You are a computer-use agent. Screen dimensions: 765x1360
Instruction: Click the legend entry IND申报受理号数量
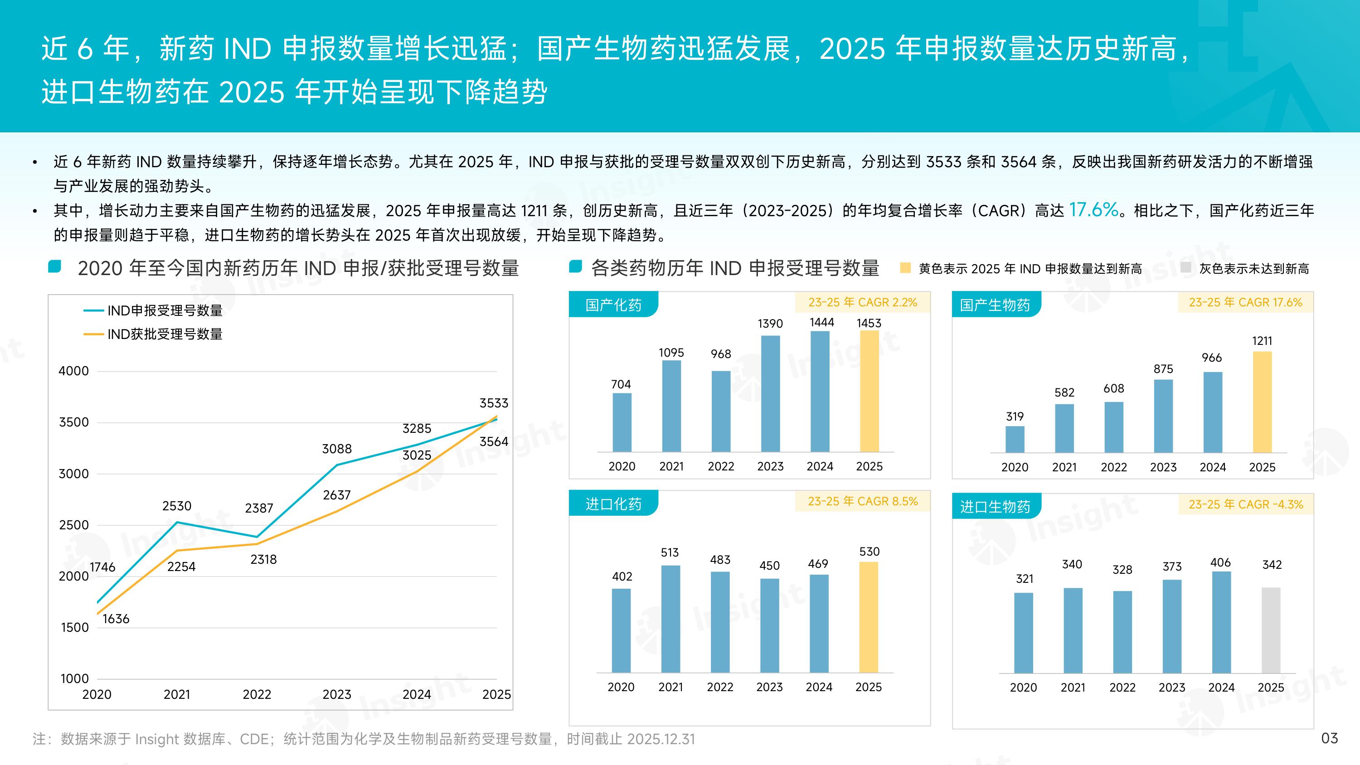pos(164,310)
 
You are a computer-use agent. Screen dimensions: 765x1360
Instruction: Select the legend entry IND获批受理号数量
pos(164,334)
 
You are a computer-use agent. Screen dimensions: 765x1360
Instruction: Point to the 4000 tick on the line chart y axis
pos(73,371)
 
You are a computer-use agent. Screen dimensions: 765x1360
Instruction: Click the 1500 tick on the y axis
pos(74,627)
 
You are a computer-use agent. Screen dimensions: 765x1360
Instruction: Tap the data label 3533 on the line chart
pos(494,403)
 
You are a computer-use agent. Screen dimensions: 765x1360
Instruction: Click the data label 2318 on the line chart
pos(263,560)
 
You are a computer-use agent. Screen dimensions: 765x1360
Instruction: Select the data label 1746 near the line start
pos(102,567)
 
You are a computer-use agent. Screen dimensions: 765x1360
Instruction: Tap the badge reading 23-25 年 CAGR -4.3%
pos(1245,504)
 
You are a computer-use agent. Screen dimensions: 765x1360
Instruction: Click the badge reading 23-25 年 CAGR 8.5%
pos(862,501)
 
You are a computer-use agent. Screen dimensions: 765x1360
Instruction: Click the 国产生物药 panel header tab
pos(995,305)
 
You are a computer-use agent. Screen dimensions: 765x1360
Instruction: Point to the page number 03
pos(1329,738)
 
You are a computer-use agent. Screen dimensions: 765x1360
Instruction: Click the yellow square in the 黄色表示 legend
pos(905,268)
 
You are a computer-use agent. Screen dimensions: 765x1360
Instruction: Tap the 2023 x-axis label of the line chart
pos(337,694)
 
